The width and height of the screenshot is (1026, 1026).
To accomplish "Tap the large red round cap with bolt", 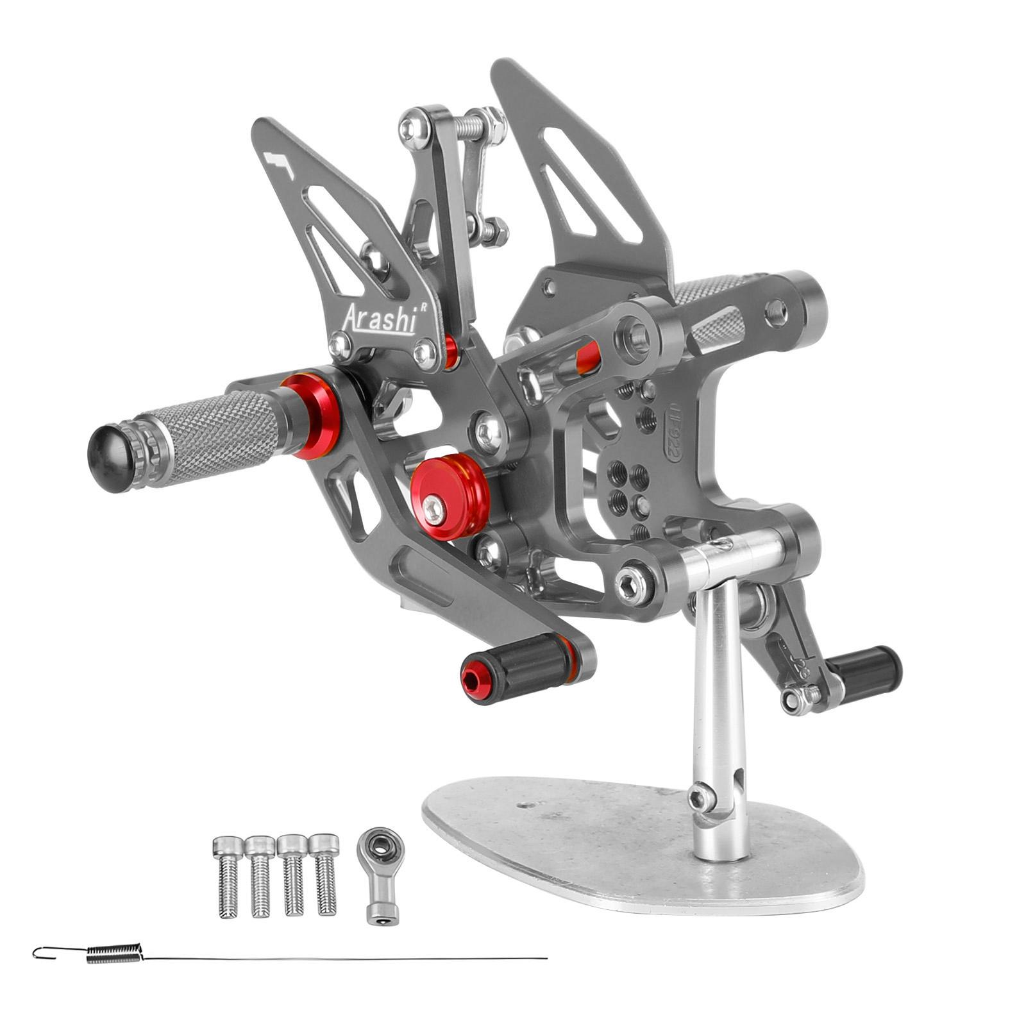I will tap(451, 493).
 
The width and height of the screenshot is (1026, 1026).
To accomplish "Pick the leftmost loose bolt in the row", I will tap(227, 875).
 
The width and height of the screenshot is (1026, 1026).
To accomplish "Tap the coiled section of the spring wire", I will tap(114, 954).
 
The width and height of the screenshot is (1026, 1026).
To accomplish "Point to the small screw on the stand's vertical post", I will tap(700, 798).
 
